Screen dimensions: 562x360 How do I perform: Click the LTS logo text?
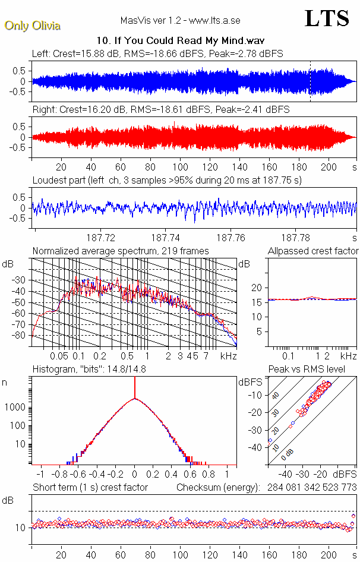pos(326,18)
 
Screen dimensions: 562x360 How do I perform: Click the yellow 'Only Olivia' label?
pos(32,26)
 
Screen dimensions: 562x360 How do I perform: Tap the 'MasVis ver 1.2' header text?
pos(151,21)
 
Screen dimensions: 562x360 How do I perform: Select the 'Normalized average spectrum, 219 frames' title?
pos(121,251)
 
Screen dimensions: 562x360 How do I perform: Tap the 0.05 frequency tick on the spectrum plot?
pos(59,356)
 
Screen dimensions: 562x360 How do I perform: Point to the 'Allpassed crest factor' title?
pos(313,251)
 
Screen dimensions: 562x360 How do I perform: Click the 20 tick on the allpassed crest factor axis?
pos(257,288)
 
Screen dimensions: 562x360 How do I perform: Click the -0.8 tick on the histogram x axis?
pos(60,475)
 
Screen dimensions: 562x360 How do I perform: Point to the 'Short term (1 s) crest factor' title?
pos(90,488)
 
